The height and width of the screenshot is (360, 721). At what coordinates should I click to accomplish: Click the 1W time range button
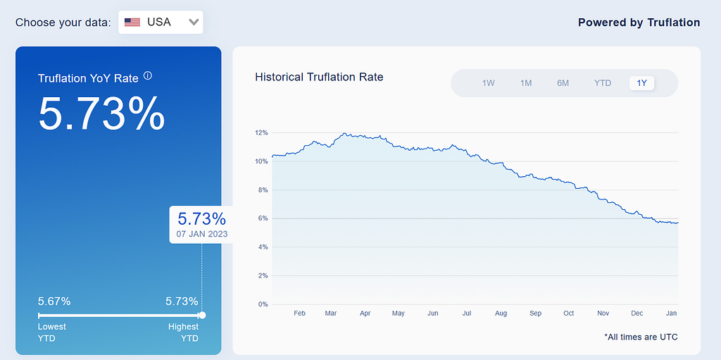tap(489, 83)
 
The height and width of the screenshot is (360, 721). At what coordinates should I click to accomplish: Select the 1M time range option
tap(526, 83)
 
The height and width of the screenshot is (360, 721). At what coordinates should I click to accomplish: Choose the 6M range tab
tap(563, 83)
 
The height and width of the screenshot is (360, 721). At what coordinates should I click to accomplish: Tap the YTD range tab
tap(603, 83)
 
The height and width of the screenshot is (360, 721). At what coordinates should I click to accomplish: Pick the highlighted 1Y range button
tap(642, 83)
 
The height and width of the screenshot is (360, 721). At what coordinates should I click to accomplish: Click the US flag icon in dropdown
tap(132, 22)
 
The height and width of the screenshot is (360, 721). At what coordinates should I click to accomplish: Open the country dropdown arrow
tap(194, 22)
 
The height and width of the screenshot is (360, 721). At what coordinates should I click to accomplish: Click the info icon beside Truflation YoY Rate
tap(148, 75)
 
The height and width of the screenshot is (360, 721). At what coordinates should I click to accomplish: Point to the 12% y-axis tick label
tap(261, 133)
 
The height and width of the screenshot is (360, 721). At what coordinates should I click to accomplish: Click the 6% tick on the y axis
tap(263, 218)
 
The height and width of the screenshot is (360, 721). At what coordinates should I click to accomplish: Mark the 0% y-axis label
tap(263, 304)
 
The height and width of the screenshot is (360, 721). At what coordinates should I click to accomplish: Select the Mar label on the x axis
tap(331, 314)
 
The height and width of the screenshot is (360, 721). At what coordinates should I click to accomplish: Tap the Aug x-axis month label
tap(501, 314)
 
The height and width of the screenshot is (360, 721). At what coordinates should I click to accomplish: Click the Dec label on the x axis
tap(637, 314)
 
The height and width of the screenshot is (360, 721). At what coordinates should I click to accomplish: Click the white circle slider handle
tap(202, 316)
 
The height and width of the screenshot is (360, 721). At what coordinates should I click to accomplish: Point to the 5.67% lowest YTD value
tap(54, 302)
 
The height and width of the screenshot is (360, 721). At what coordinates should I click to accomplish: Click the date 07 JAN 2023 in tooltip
tap(202, 234)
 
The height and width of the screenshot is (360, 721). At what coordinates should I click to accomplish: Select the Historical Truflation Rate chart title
tap(319, 77)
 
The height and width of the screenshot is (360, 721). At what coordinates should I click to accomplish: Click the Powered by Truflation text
tap(639, 23)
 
